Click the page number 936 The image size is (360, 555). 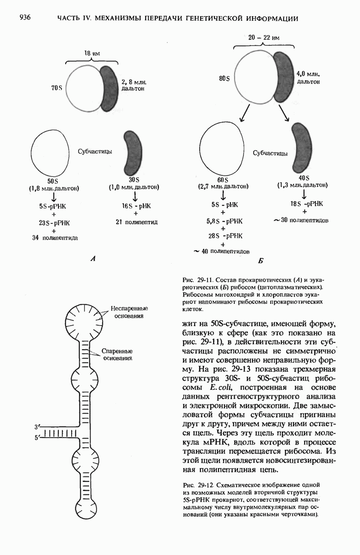(24, 18)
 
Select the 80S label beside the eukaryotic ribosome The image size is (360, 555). (224, 79)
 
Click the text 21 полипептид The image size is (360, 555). (137, 222)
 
